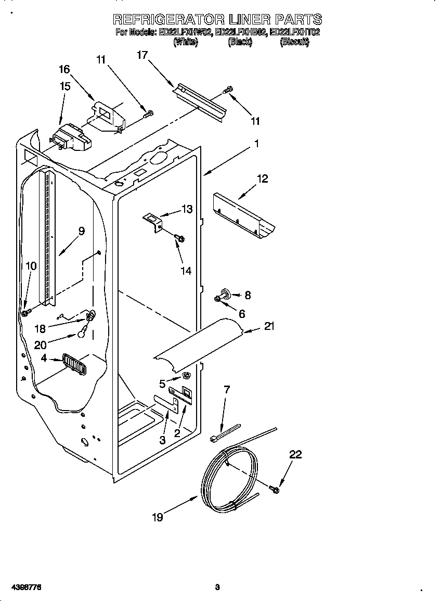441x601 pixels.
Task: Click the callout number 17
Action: [142, 54]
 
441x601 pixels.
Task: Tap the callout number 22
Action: [295, 454]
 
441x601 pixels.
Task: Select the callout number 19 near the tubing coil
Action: [158, 517]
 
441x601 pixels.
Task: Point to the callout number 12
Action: [262, 178]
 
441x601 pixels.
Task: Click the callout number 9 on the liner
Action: [82, 232]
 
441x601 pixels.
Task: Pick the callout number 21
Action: [269, 326]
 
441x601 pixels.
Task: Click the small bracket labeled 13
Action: [154, 220]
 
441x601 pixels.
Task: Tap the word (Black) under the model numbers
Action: [240, 43]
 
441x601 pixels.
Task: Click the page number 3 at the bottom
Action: [217, 587]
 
